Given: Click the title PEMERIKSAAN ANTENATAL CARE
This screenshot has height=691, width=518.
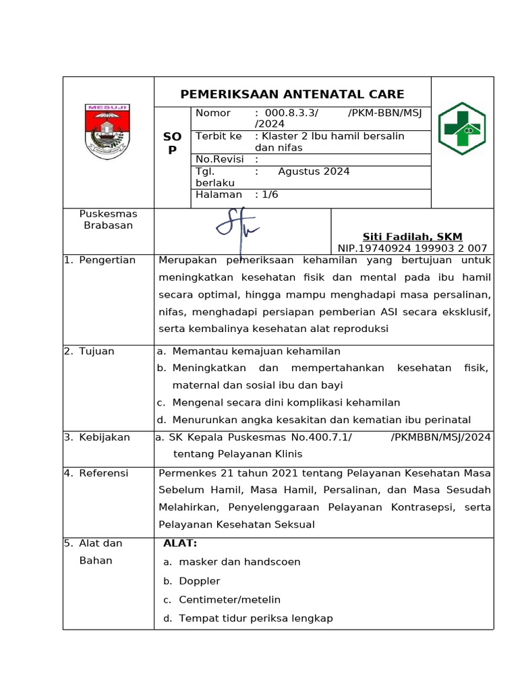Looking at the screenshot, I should click(x=292, y=94).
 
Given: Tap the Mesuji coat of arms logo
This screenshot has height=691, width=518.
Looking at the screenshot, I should click(x=108, y=131).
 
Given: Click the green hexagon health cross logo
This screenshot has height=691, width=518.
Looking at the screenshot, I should click(x=462, y=128).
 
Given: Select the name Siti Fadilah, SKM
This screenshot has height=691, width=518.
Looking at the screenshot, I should click(x=412, y=236).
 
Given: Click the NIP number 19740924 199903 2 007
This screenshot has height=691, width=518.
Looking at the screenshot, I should click(x=412, y=248).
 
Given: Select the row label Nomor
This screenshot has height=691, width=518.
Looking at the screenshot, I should click(x=212, y=113).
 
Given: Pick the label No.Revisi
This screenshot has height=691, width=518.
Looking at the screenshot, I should click(x=219, y=159).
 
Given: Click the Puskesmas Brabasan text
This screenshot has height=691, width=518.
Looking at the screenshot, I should click(x=108, y=220).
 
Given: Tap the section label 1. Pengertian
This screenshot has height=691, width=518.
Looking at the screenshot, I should click(x=100, y=260).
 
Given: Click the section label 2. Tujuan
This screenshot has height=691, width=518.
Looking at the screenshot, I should click(x=90, y=351).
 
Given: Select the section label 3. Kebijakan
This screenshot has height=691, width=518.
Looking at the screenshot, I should click(x=97, y=437).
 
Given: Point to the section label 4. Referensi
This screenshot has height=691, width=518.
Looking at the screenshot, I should click(x=96, y=473).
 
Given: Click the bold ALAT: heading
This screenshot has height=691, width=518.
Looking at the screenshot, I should click(x=180, y=543).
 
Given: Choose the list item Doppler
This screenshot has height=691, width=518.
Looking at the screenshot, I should click(x=200, y=581).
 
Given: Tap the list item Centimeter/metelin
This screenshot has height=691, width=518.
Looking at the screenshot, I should click(x=229, y=599).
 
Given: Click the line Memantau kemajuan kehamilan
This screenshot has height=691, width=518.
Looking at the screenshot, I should click(x=256, y=351).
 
